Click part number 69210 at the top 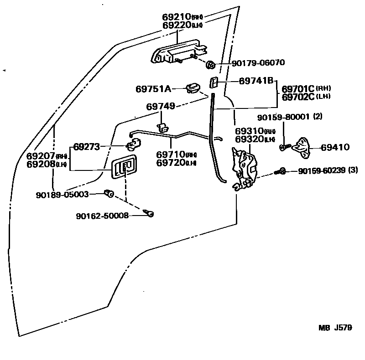click(176, 17)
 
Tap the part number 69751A click(153, 89)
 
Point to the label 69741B click(256, 81)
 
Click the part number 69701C click(298, 89)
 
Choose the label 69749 click(161, 106)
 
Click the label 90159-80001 click(283, 117)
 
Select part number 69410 click(335, 147)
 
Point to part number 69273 click(87, 147)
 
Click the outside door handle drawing click(176, 54)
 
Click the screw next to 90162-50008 click(149, 212)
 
